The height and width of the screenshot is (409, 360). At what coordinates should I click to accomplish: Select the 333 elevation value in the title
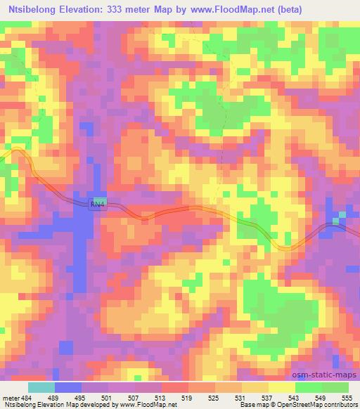(x=120, y=11)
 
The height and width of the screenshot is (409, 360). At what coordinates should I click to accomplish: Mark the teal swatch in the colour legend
(x=41, y=387)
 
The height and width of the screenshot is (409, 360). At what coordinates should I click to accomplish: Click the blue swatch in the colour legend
(x=68, y=387)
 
